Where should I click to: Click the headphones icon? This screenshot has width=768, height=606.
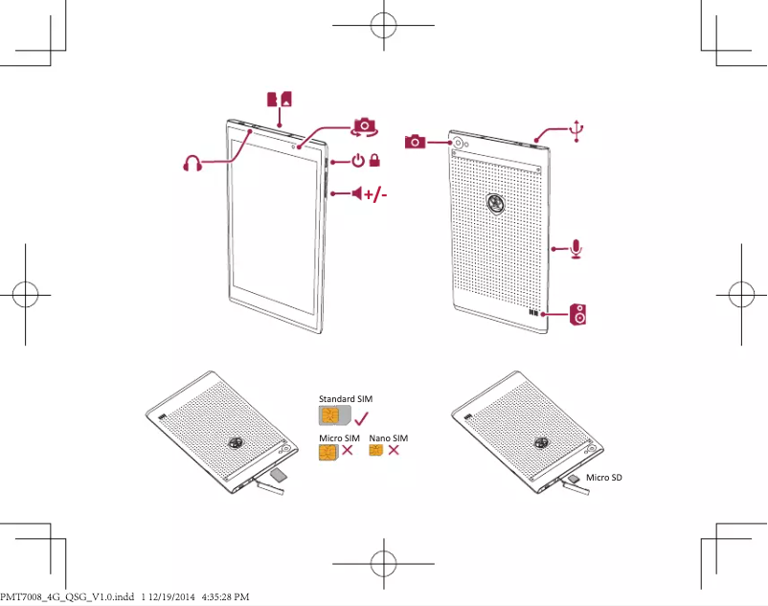pos(193,164)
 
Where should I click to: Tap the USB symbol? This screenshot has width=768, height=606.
pos(576,130)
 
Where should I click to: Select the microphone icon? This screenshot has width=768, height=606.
pos(576,248)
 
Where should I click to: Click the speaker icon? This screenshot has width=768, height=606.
pos(579,314)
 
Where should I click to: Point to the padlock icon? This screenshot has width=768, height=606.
pos(375,161)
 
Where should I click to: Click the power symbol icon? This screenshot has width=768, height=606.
pos(357,161)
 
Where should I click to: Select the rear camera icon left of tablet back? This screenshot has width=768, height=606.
pos(416,142)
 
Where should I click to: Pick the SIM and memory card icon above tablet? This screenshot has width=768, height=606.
pos(279,99)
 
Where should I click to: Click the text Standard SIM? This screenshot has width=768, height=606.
pos(345,397)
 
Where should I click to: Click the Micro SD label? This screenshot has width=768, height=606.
pos(604,477)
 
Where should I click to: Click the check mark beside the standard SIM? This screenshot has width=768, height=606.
pos(361,417)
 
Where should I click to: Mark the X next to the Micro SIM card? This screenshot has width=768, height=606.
pos(348,451)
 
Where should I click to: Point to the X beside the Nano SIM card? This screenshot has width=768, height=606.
pos(394,450)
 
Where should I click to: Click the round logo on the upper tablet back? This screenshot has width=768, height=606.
pos(496,203)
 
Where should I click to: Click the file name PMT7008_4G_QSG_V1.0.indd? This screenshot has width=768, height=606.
pos(67,596)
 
